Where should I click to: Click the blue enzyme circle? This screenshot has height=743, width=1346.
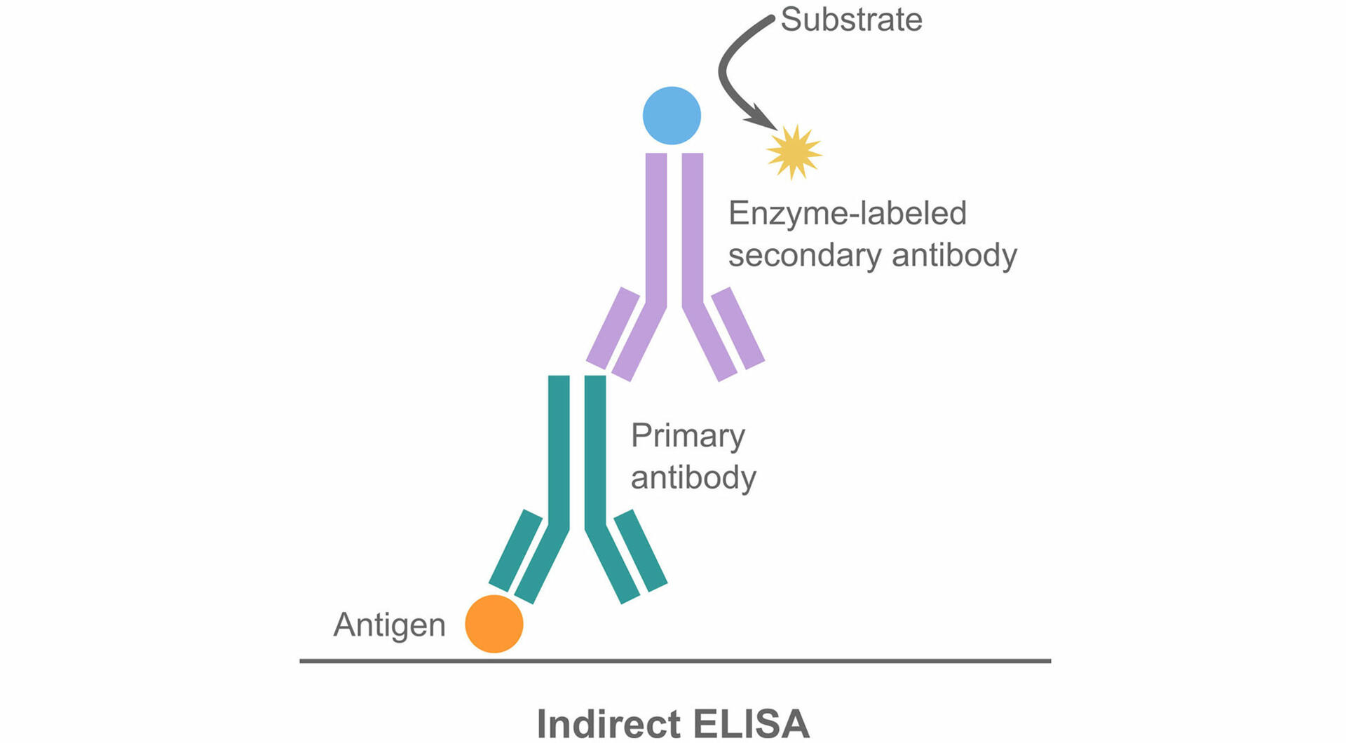672,116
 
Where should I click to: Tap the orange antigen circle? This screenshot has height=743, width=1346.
494,624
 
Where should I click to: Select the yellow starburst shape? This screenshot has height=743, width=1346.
794,152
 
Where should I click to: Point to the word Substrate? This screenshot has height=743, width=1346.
851,20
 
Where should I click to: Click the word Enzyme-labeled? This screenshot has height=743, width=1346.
847,213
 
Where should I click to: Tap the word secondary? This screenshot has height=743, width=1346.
804,255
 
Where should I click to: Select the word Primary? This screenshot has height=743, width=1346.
688,436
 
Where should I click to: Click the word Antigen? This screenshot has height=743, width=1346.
389,625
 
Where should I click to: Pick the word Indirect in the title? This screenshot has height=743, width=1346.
608,723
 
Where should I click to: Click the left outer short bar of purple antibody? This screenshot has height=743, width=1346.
612,328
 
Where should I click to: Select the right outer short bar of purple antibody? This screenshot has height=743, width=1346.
738,328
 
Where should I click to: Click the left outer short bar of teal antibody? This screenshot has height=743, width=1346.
515,550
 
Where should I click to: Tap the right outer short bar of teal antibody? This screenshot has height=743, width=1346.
641,550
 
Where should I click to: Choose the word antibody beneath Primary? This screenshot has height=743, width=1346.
693,478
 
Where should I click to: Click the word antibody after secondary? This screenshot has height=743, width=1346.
954,255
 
